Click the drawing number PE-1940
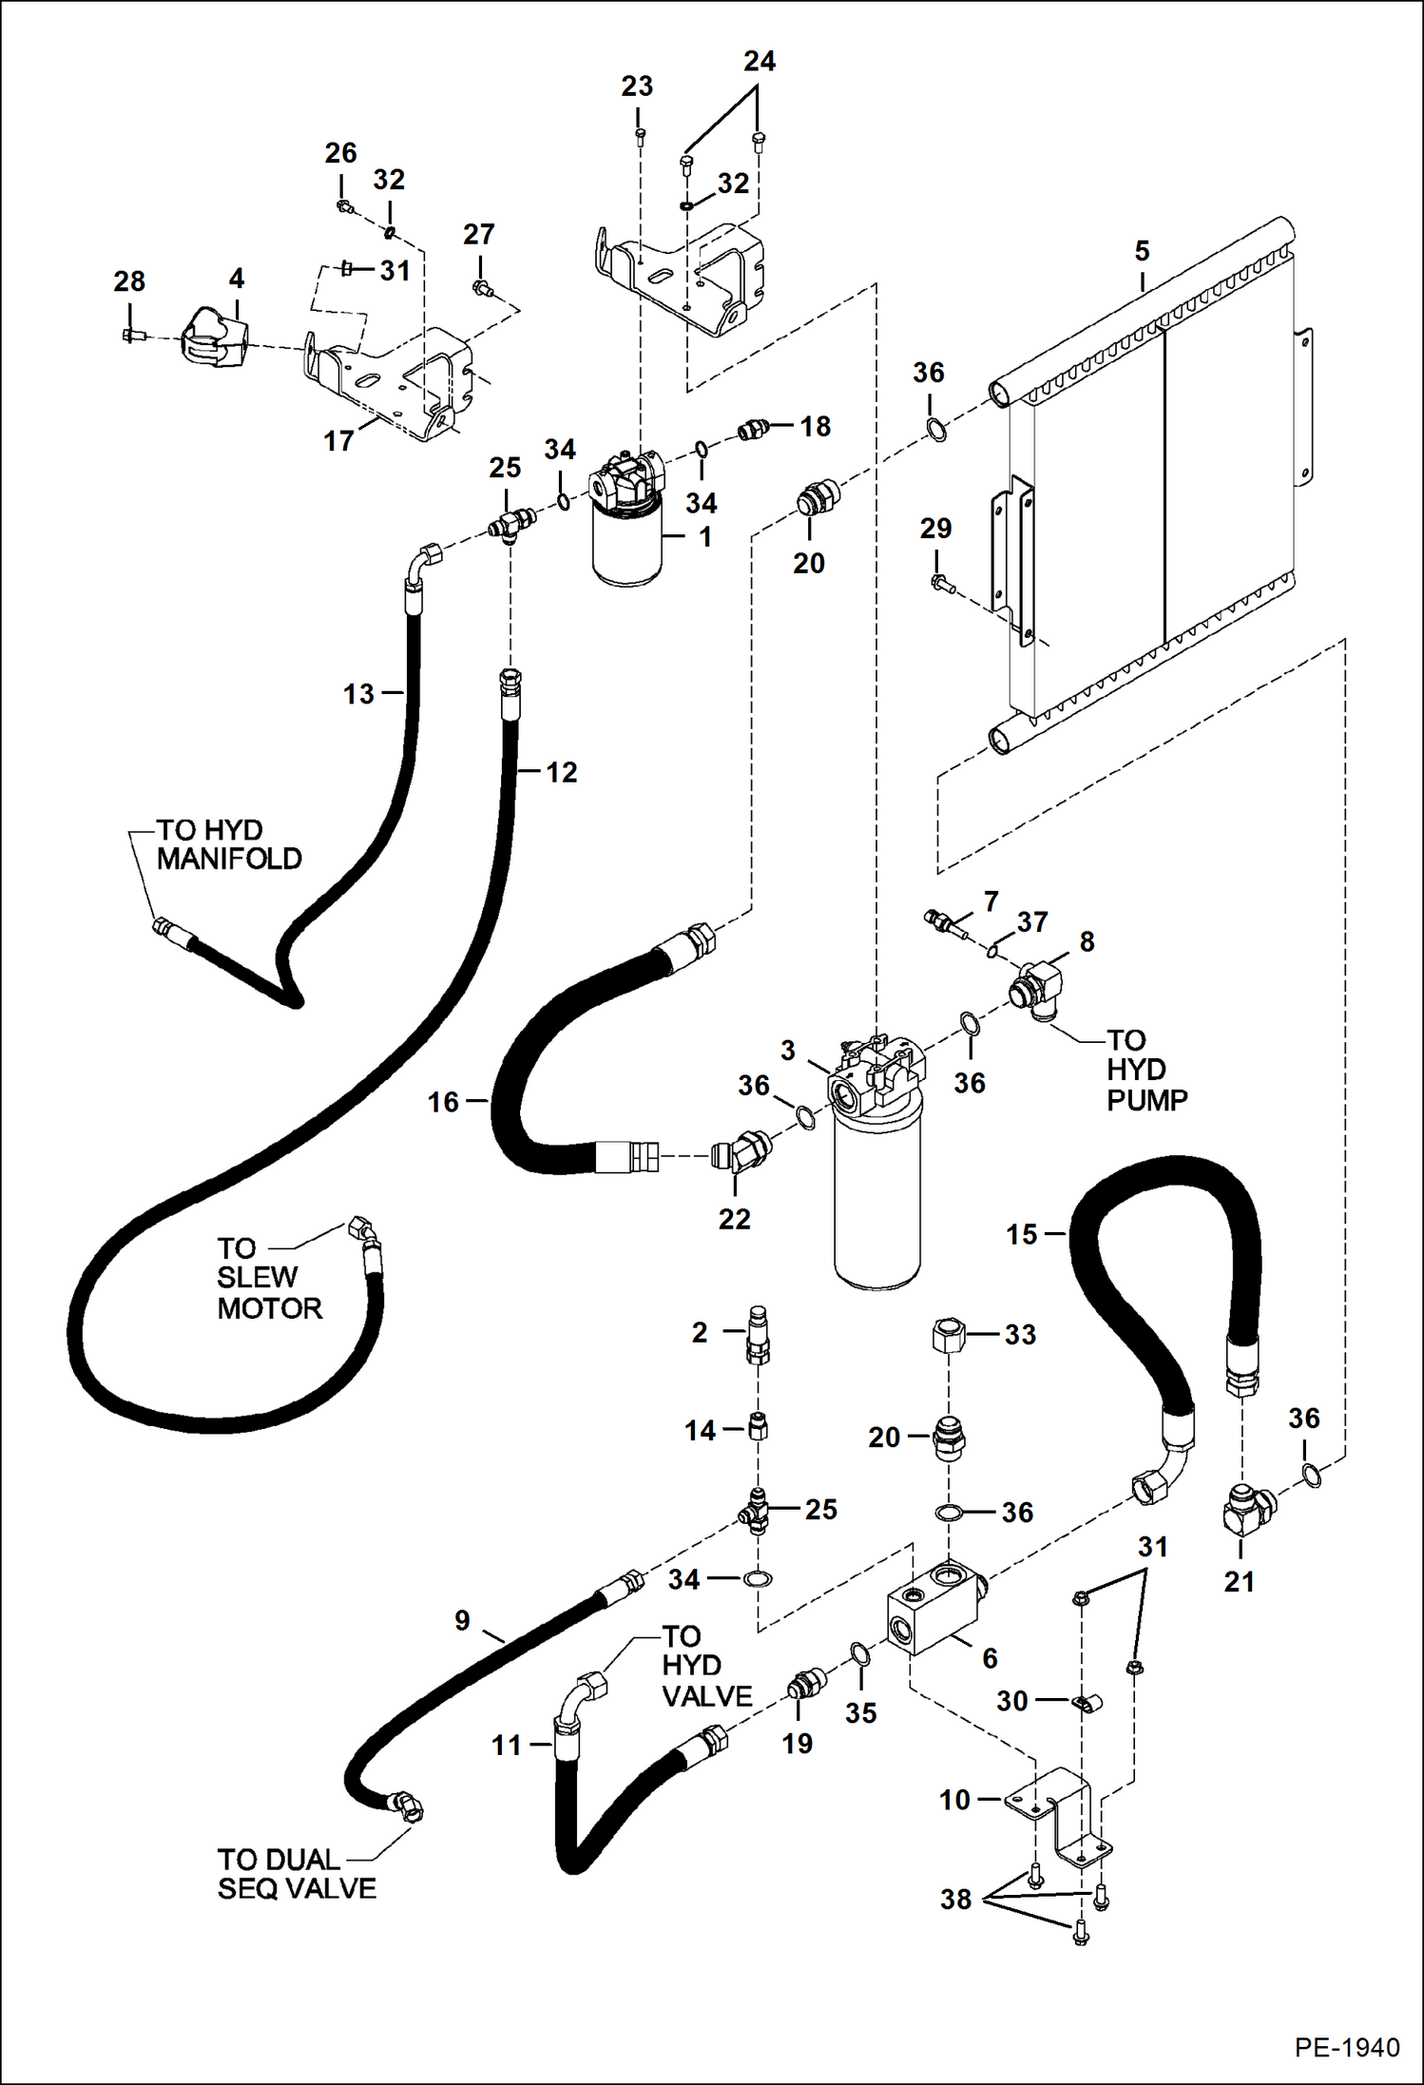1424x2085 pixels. coord(1346,2047)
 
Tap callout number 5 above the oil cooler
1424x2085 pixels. coord(1142,251)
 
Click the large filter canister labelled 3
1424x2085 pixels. coord(876,1198)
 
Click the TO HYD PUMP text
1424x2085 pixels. coord(1145,1070)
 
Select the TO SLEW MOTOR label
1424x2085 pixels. coord(268,1278)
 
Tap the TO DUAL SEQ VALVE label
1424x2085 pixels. coord(296,1873)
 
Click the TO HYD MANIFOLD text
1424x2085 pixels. coord(228,844)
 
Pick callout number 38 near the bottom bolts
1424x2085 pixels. coord(955,1899)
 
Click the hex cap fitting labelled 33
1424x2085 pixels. coord(948,1335)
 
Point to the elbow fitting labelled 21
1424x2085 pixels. coord(1246,1508)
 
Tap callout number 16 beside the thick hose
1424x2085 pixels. coord(443,1102)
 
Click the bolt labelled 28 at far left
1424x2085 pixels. coord(131,335)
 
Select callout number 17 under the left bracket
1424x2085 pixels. coord(338,440)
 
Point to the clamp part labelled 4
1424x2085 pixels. coord(214,338)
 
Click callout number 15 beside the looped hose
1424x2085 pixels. coord(1022,1234)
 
